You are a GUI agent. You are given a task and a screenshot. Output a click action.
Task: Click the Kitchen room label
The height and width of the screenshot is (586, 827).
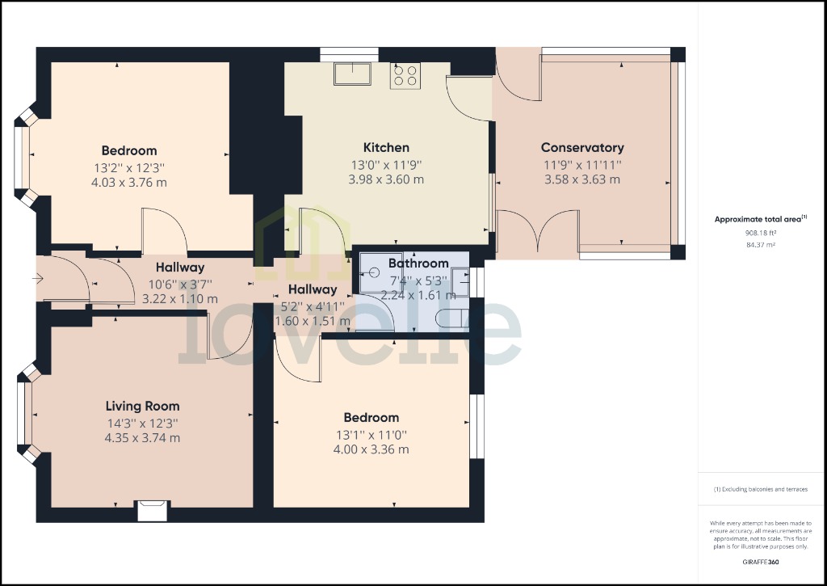386,148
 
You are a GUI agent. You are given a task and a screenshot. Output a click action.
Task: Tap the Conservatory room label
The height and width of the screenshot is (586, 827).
582,148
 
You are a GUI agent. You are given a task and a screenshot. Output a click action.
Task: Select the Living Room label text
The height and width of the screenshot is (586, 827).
143,406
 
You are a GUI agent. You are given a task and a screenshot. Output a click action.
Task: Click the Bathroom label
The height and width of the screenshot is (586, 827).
418,263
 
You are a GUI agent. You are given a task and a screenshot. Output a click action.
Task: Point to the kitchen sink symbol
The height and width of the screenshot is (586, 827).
352,74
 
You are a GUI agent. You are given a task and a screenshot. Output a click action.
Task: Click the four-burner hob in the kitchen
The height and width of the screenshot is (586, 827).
406,76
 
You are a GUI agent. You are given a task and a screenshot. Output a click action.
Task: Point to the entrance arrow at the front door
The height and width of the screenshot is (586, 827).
37,280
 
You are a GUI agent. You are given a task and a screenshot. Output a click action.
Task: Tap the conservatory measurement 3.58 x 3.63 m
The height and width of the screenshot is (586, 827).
582,179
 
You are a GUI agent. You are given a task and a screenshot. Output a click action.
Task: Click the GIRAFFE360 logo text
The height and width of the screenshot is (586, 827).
760,562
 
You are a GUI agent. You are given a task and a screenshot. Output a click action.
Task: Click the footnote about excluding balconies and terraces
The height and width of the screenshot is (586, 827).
759,489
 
